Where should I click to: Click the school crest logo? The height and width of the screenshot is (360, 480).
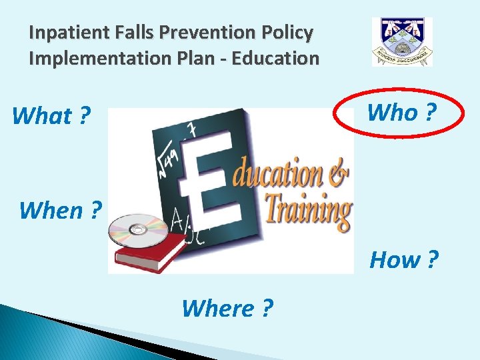click(x=402, y=41)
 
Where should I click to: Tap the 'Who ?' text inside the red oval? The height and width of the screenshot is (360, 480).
click(x=401, y=113)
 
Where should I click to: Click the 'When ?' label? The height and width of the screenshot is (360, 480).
click(x=61, y=210)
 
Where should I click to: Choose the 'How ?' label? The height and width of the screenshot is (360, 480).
click(x=404, y=259)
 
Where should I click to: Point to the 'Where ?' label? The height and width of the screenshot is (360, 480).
click(x=227, y=308)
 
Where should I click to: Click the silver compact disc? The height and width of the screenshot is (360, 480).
click(x=138, y=230)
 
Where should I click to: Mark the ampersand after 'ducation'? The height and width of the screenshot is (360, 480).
click(x=339, y=175)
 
